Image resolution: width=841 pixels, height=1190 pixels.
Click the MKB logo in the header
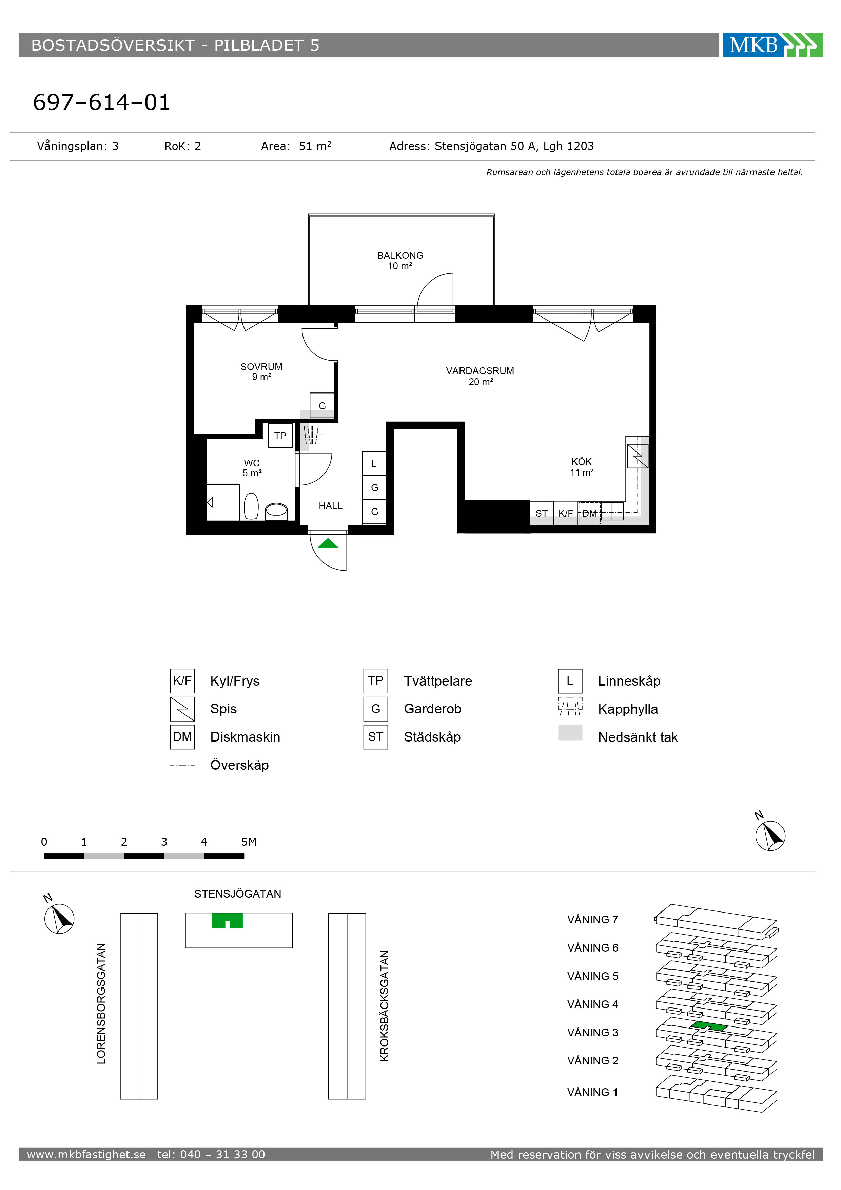tap(772, 44)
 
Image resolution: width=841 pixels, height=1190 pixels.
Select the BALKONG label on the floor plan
tap(400, 255)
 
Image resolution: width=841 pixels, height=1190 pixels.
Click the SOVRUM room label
tap(261, 366)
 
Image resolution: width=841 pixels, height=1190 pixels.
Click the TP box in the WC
tap(280, 435)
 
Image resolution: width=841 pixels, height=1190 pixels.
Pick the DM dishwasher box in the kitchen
tap(589, 513)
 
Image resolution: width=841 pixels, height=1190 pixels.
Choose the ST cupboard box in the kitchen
tap(542, 513)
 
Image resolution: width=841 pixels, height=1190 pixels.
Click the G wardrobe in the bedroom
tap(322, 405)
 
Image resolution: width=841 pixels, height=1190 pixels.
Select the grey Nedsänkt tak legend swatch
tap(570, 732)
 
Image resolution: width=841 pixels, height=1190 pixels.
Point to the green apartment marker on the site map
tap(228, 921)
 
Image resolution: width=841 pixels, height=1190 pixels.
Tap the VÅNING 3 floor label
tap(592, 1033)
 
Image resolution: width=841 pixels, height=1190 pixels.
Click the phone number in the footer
tap(211, 1154)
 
